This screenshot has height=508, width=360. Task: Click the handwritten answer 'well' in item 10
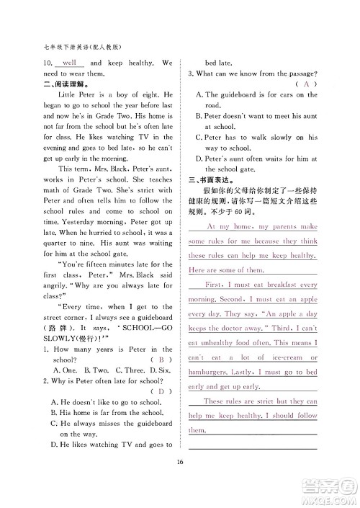[70, 63]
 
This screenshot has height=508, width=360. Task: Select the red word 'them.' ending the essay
[197, 430]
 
